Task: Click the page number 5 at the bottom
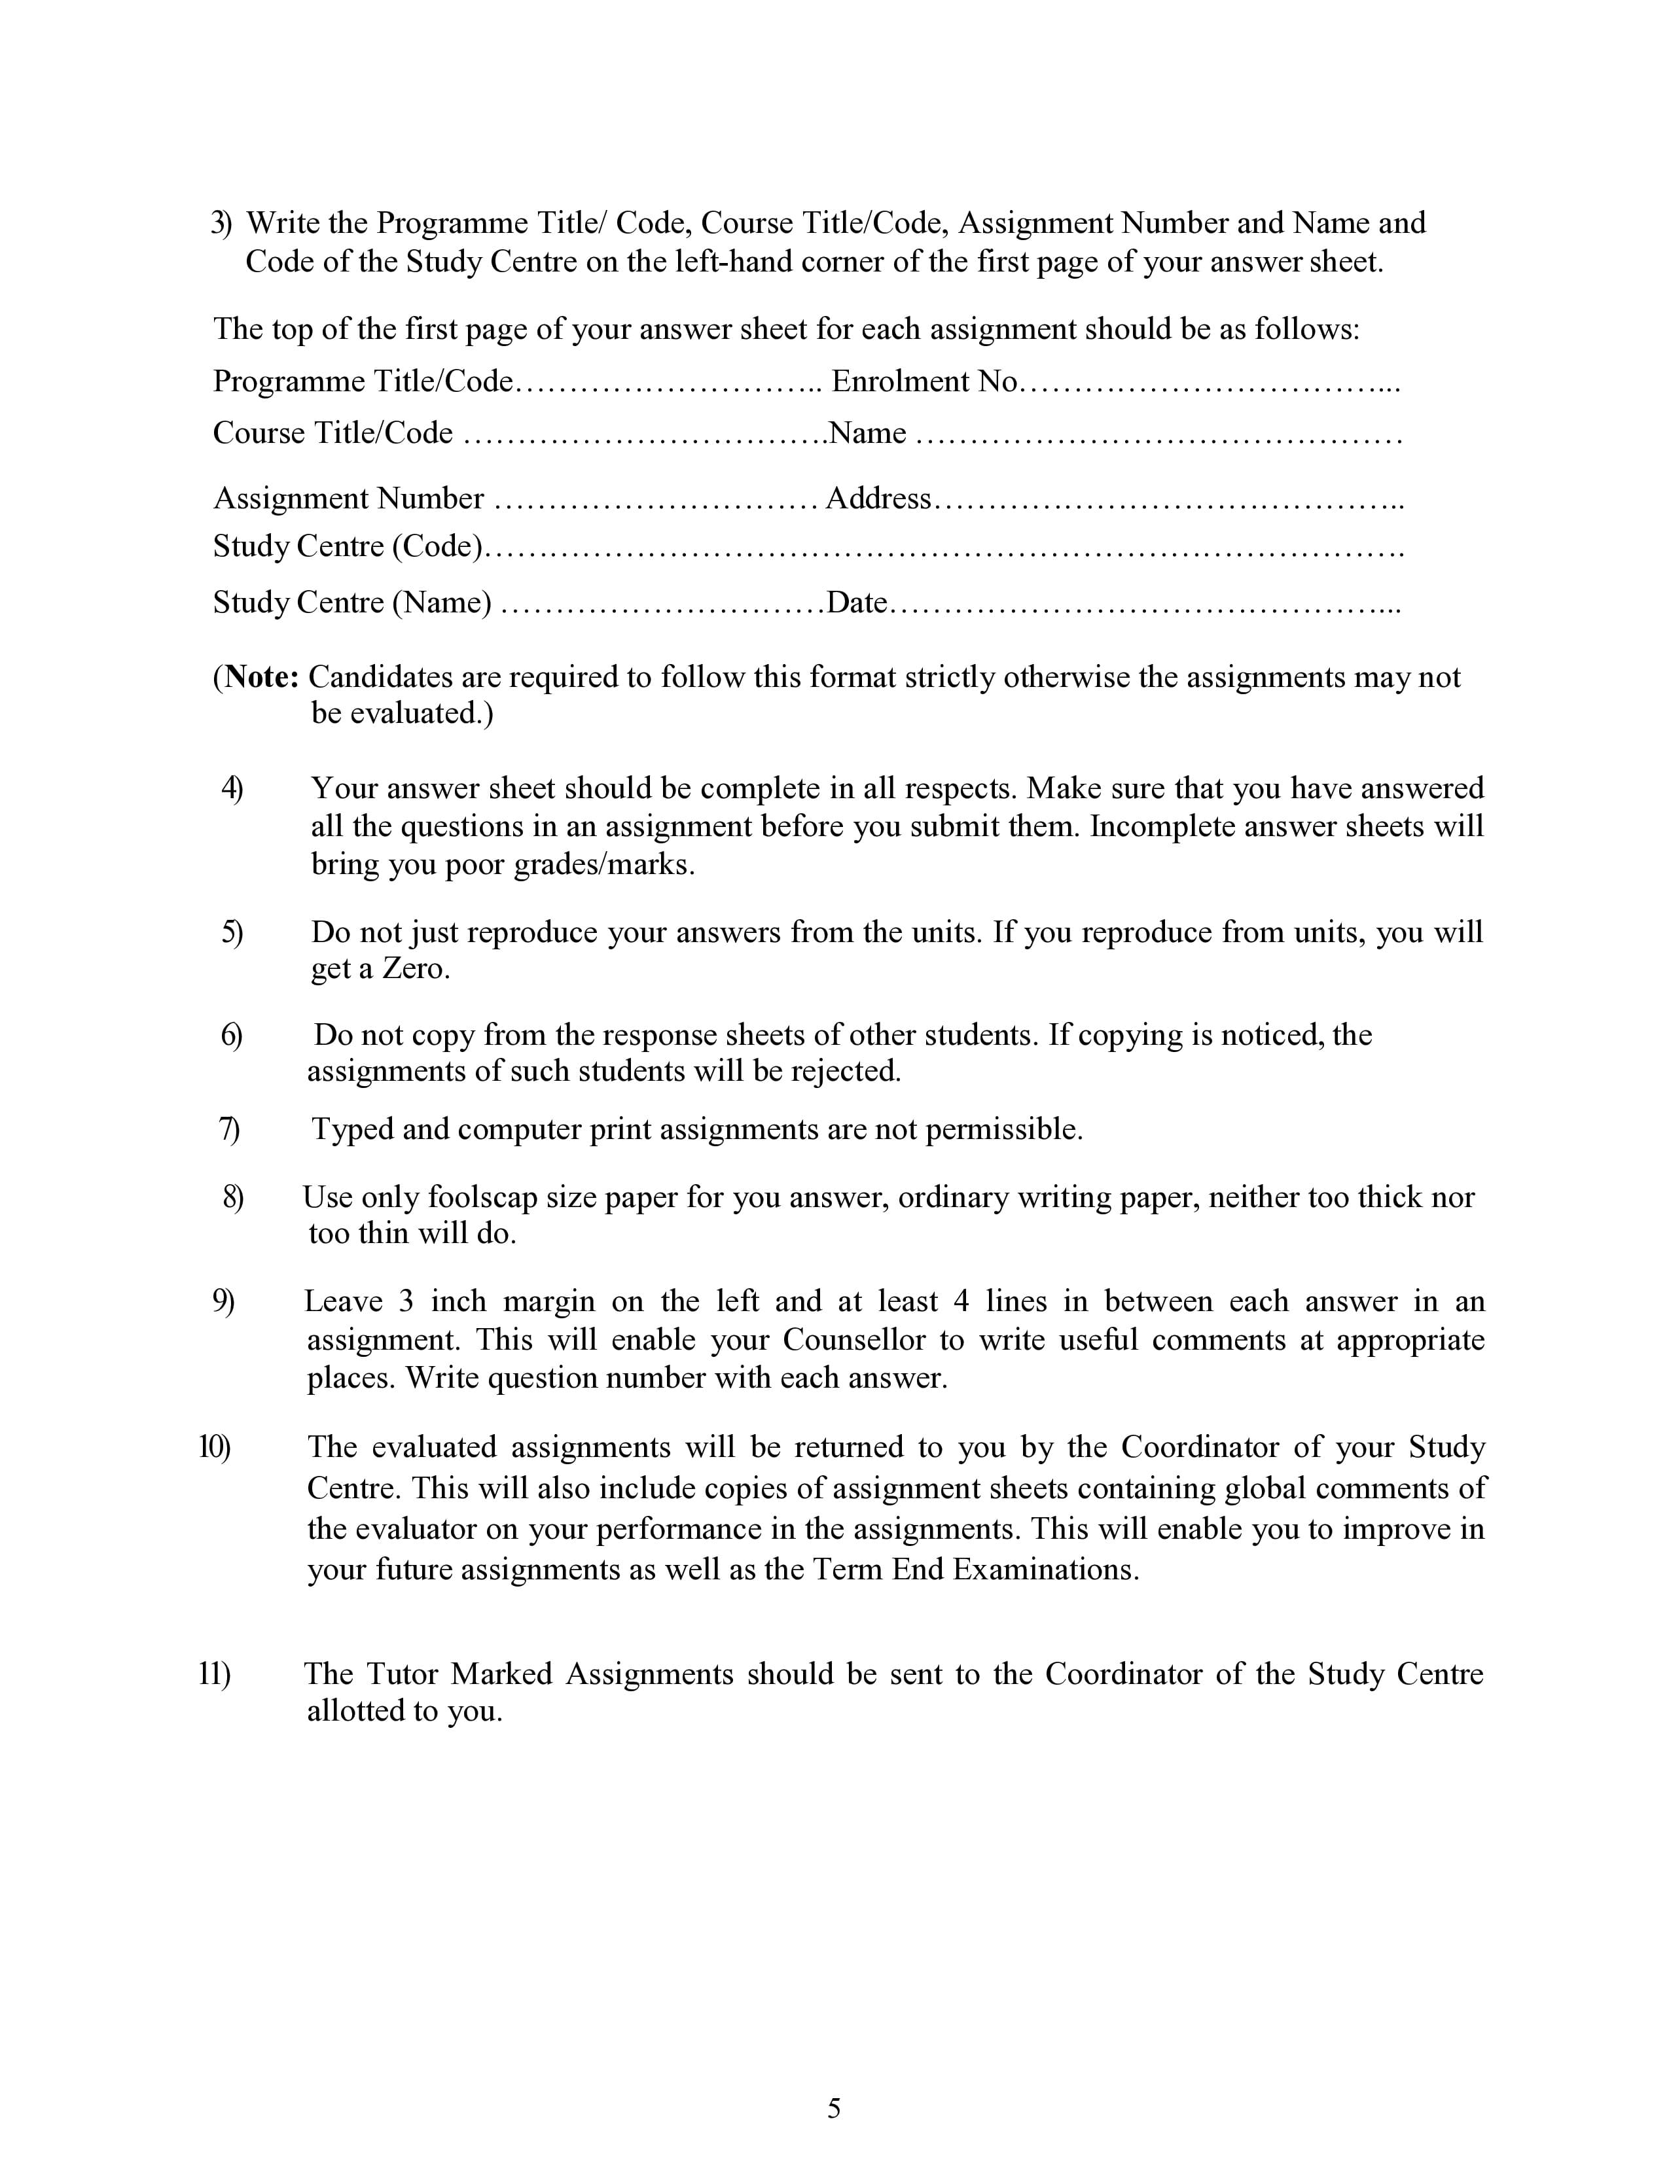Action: [833, 2109]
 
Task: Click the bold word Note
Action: [261, 677]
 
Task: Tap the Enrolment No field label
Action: [924, 381]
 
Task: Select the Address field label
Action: [878, 499]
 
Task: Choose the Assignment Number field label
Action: [349, 499]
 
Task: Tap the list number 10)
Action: [215, 1447]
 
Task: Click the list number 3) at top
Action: [221, 223]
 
